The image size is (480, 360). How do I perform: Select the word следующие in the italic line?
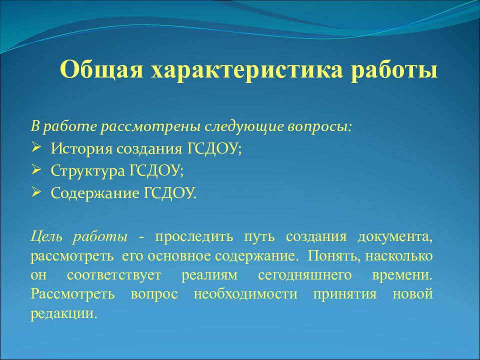(x=243, y=126)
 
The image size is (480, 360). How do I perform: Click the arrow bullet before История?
(x=36, y=148)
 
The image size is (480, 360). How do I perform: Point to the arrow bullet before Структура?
(x=36, y=170)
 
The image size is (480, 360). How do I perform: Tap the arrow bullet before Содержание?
(x=36, y=192)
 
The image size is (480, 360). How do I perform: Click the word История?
(x=80, y=149)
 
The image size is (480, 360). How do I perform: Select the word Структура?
(x=88, y=171)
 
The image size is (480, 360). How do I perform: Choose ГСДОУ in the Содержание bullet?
(x=169, y=193)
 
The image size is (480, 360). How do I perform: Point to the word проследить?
(x=194, y=237)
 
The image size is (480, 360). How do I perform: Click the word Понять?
(x=330, y=256)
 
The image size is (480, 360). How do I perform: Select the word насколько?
(x=399, y=256)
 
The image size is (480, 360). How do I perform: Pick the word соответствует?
(x=114, y=275)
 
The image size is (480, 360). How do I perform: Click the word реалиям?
(x=209, y=275)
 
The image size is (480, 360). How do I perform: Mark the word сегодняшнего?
(x=305, y=275)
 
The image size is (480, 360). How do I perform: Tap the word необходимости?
(x=245, y=294)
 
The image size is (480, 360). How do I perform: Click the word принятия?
(x=344, y=294)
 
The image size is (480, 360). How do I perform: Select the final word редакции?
(x=64, y=313)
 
